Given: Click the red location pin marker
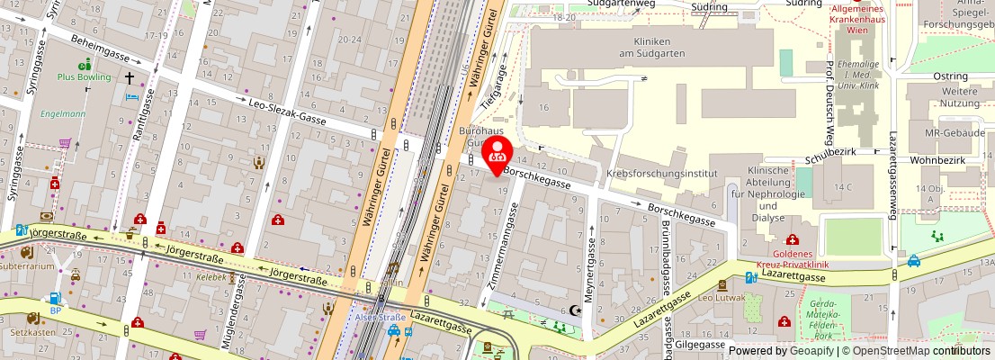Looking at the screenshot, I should [497, 154].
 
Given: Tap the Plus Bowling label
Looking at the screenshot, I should [85, 77].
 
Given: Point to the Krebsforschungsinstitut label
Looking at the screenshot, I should [661, 173].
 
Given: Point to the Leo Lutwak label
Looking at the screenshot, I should [717, 296].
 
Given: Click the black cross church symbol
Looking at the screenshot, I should [130, 78].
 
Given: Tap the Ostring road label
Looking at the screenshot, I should [950, 76].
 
